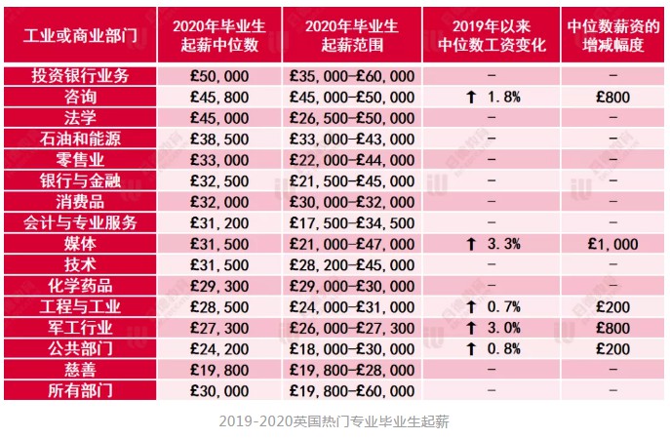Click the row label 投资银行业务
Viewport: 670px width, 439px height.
click(80, 76)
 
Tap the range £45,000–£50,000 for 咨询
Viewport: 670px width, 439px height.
click(352, 97)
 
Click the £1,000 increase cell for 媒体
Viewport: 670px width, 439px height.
click(613, 244)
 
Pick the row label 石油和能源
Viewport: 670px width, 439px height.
click(80, 139)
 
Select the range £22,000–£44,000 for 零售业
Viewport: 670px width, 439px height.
click(352, 159)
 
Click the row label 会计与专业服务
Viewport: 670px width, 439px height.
click(80, 222)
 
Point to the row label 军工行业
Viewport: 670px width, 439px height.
click(80, 328)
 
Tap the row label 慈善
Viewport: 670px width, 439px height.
click(80, 370)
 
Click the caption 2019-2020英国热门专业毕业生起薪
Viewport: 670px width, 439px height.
click(334, 422)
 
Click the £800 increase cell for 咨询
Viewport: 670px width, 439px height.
click(613, 97)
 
